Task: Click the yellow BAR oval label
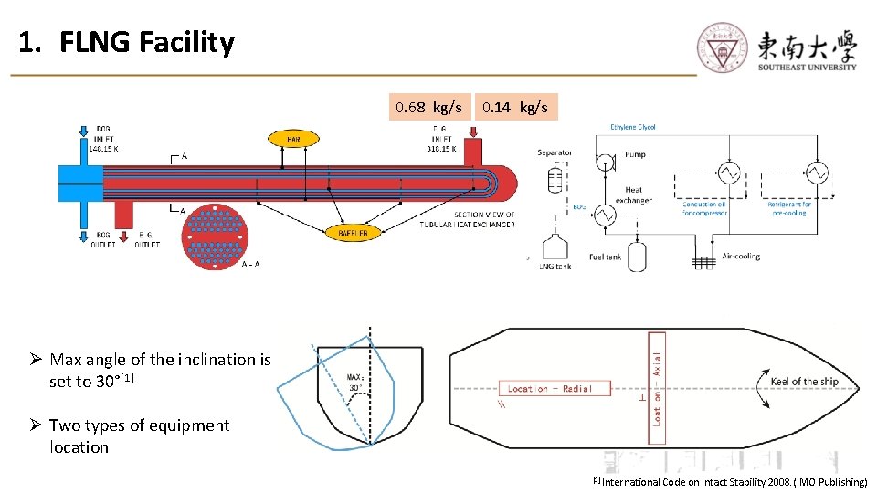[x=294, y=140]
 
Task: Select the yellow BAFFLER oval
[x=354, y=234]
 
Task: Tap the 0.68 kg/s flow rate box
[x=429, y=108]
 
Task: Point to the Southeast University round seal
[x=723, y=47]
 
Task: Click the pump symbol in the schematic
[x=606, y=163]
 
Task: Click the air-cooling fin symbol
[x=702, y=262]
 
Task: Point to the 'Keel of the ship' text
[x=804, y=382]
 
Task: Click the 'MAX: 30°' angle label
[x=355, y=382]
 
